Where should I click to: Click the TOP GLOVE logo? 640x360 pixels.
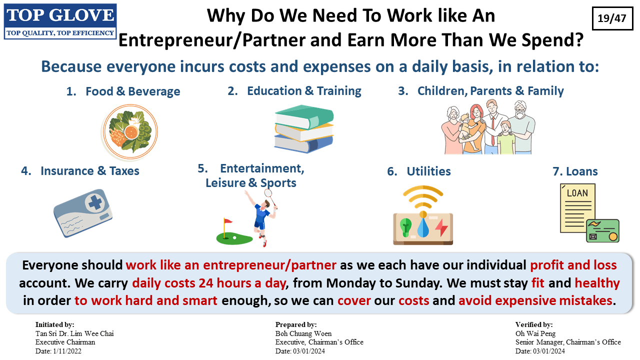(x=60, y=21)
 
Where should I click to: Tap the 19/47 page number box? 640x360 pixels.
(x=612, y=18)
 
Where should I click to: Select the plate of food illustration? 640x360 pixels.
(x=129, y=131)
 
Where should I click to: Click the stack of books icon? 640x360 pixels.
(x=304, y=129)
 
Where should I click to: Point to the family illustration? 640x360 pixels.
(x=488, y=127)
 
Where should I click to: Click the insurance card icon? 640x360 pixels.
(x=83, y=213)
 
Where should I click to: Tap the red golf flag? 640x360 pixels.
(x=227, y=221)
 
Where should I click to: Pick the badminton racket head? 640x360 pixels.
(x=268, y=193)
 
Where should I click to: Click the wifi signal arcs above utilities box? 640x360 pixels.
(x=423, y=197)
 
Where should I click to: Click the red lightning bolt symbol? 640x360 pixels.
(x=441, y=227)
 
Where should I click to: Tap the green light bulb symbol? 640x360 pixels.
(x=405, y=227)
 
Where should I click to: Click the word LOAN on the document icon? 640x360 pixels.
(x=577, y=193)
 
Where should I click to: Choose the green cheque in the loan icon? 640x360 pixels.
(x=603, y=231)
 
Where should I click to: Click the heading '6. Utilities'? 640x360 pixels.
(x=419, y=171)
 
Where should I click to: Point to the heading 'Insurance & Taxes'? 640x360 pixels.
(x=89, y=171)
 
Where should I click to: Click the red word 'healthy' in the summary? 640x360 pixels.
(x=597, y=283)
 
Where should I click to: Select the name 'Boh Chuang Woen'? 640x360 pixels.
(x=303, y=333)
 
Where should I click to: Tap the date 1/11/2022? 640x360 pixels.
(x=67, y=351)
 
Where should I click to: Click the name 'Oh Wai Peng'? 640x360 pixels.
(x=535, y=333)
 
